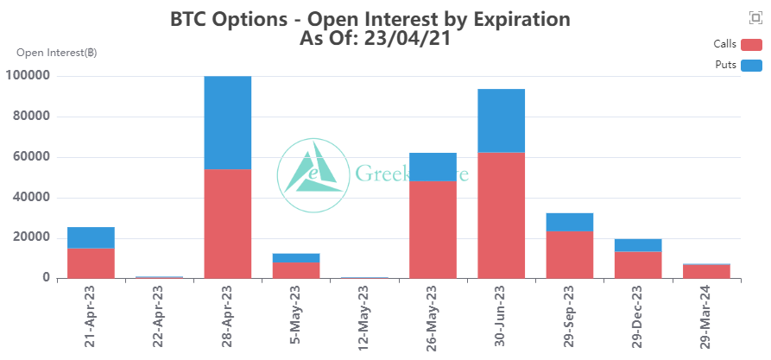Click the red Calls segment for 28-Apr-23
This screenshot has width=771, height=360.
[228, 223]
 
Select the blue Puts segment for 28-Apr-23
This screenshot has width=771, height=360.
[228, 123]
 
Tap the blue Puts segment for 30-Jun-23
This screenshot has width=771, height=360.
[502, 121]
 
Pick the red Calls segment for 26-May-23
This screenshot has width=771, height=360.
[433, 229]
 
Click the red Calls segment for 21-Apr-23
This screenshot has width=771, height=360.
[91, 262]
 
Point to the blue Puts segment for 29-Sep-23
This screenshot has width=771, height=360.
[570, 222]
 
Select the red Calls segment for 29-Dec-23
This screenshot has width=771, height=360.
[638, 265]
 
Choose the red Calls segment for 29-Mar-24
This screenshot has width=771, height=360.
[706, 271]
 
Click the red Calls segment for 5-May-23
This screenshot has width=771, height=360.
[296, 269]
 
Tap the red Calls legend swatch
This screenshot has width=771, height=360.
[752, 45]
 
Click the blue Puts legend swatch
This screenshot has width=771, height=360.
[752, 65]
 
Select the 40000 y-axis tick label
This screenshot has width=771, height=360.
[31, 197]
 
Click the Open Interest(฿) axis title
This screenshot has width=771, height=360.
[56, 53]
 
